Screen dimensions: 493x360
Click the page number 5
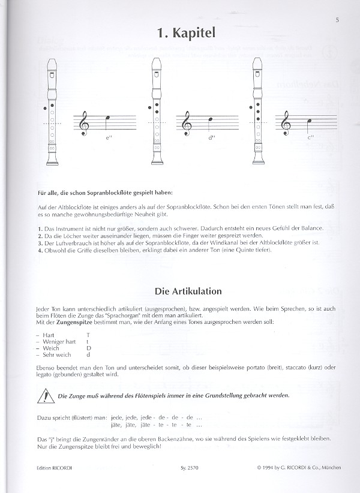point(337,20)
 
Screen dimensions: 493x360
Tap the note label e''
point(108,139)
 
